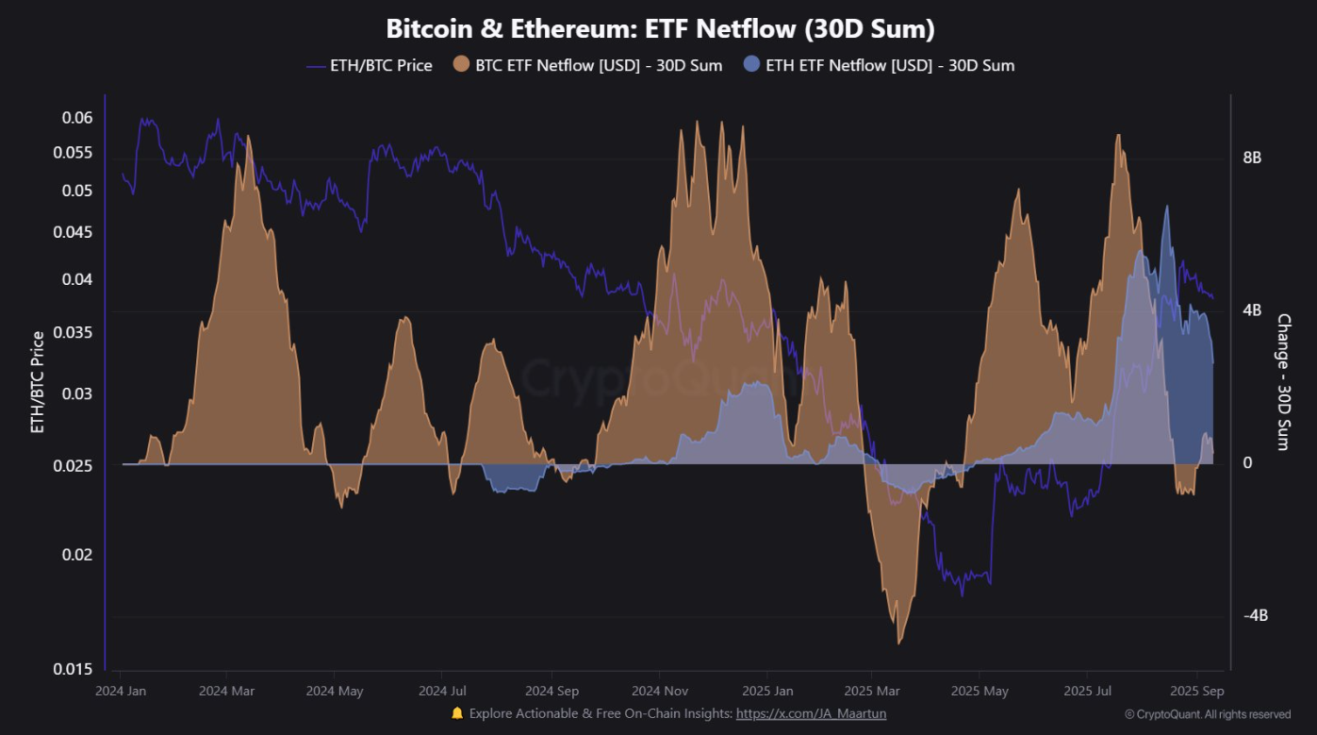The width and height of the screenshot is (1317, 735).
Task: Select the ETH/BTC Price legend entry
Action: [370, 66]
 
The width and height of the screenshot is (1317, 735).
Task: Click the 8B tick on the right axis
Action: [1252, 158]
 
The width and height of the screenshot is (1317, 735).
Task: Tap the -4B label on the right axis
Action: [1255, 615]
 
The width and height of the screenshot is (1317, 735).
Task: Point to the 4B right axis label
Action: [1252, 310]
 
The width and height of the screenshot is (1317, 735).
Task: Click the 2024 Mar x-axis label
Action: [227, 691]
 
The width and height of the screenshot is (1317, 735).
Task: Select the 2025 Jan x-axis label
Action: [766, 691]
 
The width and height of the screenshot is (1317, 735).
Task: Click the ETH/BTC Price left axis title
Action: [38, 382]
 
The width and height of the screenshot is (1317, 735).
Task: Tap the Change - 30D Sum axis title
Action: [1283, 382]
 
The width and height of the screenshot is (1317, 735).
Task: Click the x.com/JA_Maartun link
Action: [811, 713]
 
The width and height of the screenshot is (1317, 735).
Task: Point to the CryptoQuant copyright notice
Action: [1207, 714]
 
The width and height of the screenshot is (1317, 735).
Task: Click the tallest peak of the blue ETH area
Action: [1167, 207]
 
